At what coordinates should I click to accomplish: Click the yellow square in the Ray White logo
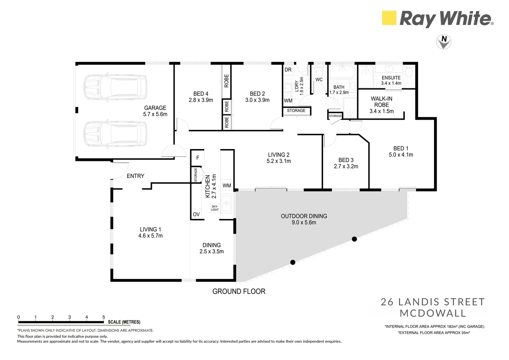pyautogui.click(x=389, y=18)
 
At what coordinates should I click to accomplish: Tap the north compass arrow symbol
pyautogui.click(x=444, y=42)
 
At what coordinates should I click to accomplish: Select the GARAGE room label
pyautogui.click(x=155, y=108)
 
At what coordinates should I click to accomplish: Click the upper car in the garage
pyautogui.click(x=115, y=87)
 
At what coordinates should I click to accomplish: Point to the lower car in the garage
pyautogui.click(x=115, y=134)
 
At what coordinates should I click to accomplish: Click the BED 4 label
pyautogui.click(x=201, y=94)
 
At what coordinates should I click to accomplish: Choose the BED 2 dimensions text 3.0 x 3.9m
pyautogui.click(x=257, y=100)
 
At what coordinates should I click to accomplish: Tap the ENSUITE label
pyautogui.click(x=391, y=78)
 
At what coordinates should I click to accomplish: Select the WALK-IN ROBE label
pyautogui.click(x=381, y=102)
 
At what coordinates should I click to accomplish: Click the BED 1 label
pyautogui.click(x=401, y=148)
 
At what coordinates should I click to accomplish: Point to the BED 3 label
pyautogui.click(x=346, y=160)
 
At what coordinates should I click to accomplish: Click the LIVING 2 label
pyautogui.click(x=279, y=155)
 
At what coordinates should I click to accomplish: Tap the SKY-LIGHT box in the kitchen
pyautogui.click(x=215, y=208)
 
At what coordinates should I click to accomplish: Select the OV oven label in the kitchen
pyautogui.click(x=196, y=214)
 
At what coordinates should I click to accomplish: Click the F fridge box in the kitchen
pyautogui.click(x=198, y=158)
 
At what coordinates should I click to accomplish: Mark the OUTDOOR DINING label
pyautogui.click(x=304, y=216)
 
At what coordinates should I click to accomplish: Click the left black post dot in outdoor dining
pyautogui.click(x=293, y=262)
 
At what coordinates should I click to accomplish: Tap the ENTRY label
pyautogui.click(x=136, y=176)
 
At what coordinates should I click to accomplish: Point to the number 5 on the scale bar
pyautogui.click(x=104, y=317)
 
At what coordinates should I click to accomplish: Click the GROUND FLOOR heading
pyautogui.click(x=239, y=291)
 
